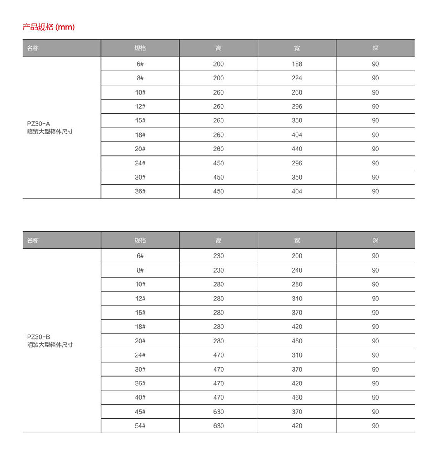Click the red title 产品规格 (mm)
[x=48, y=27]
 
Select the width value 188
[x=297, y=64]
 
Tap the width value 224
[x=297, y=78]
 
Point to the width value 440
[x=297, y=149]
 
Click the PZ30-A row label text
[x=50, y=127]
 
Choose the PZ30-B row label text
[x=50, y=341]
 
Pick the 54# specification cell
[x=140, y=426]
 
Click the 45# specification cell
[x=140, y=412]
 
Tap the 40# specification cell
[x=140, y=397]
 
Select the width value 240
[x=297, y=270]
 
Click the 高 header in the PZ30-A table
[x=218, y=48]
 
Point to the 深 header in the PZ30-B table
[x=375, y=240]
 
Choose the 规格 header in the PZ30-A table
[x=140, y=48]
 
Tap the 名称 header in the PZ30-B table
[x=33, y=240]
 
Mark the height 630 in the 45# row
[x=218, y=412]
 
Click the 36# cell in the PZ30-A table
[x=140, y=191]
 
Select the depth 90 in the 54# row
[x=375, y=426]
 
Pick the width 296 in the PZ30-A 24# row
[x=297, y=163]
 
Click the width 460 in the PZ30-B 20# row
[x=297, y=341]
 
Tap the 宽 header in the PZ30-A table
[x=297, y=48]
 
